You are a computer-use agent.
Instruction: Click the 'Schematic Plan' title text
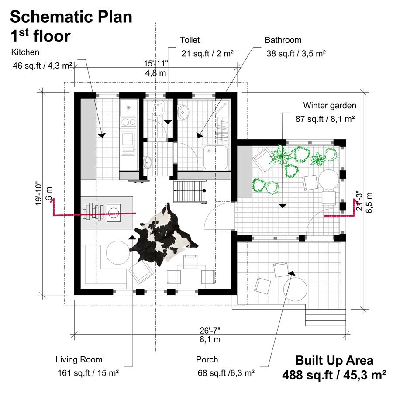pyautogui.click(x=71, y=17)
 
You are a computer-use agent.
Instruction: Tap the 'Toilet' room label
pyautogui.click(x=190, y=40)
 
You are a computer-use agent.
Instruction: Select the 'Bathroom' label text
pyautogui.click(x=283, y=40)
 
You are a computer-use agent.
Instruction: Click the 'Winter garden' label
pyautogui.click(x=330, y=106)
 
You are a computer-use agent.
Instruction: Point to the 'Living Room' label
pyautogui.click(x=79, y=360)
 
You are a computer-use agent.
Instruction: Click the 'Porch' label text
pyautogui.click(x=207, y=359)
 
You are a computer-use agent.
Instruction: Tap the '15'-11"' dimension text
pyautogui.click(x=155, y=63)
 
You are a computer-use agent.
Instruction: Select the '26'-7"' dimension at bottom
pyautogui.click(x=210, y=331)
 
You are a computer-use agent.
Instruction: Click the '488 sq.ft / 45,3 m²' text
pyautogui.click(x=334, y=375)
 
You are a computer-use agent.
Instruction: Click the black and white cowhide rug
pyautogui.click(x=163, y=234)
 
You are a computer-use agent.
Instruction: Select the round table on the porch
pyautogui.click(x=295, y=289)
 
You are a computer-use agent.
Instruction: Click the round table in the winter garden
pyautogui.click(x=328, y=179)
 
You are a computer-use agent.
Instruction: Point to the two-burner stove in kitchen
pyautogui.click(x=128, y=122)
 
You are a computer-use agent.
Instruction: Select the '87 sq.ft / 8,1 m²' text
pyautogui.click(x=325, y=119)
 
